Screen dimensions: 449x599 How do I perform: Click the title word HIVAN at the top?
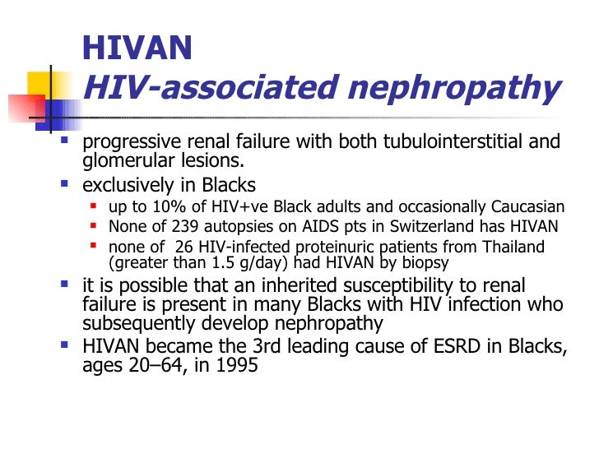(x=137, y=49)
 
